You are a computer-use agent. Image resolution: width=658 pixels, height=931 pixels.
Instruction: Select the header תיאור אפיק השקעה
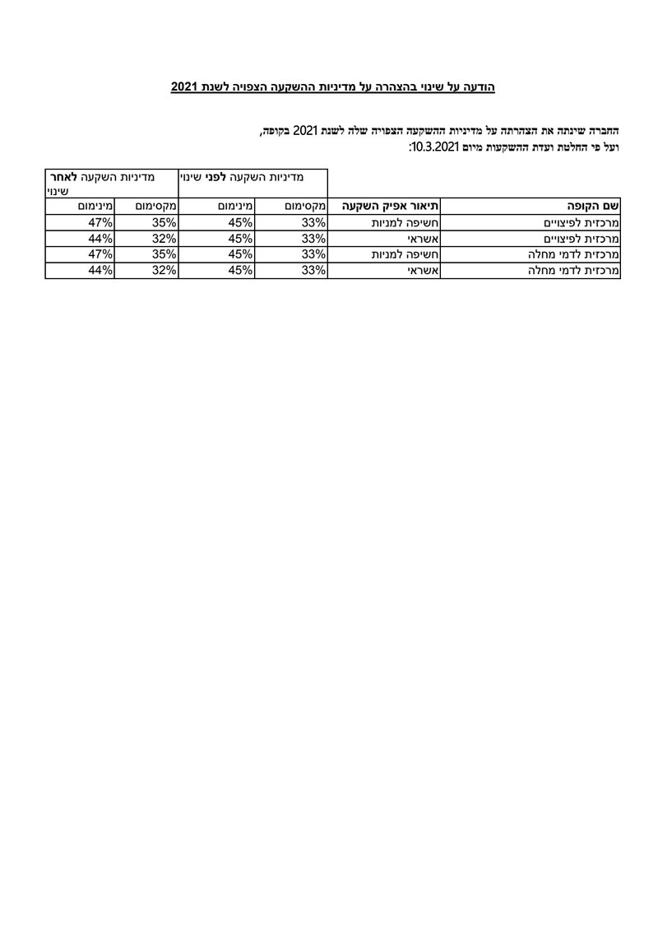384,206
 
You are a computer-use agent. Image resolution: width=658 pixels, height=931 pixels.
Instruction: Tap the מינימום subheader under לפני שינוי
235,206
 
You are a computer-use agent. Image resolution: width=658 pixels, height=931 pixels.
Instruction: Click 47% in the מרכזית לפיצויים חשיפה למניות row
100,222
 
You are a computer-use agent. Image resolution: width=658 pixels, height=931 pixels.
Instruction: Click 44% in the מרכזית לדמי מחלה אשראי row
100,269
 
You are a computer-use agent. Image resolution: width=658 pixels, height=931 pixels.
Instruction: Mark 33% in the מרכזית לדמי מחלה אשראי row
313,269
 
